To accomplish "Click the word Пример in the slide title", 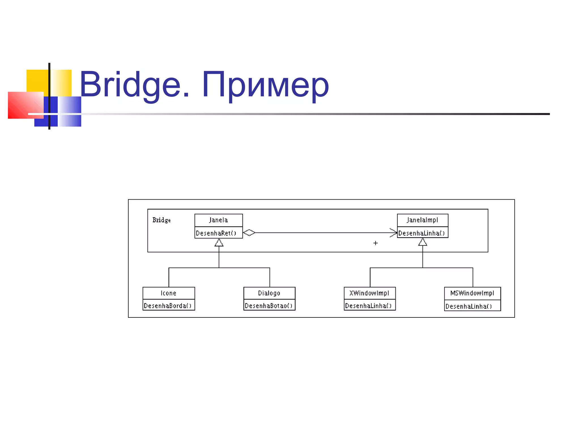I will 265,85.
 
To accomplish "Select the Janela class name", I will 218,220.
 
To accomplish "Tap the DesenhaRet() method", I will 216,233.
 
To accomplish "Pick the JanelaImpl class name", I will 422,220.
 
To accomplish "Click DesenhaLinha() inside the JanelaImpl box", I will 421,233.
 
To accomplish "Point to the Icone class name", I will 169,293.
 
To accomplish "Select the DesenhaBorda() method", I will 168,306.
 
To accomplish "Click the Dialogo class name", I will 269,293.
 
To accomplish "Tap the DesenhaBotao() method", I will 268,306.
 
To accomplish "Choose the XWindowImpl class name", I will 369,293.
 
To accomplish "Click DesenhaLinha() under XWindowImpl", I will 368,306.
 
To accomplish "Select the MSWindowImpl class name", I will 472,293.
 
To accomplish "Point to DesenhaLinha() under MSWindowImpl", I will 469,306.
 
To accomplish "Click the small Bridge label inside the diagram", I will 161,220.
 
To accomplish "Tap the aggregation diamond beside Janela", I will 249,233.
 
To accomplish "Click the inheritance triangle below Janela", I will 219,243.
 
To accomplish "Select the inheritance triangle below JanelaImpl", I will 423,242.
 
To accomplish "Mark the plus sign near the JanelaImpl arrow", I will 376,243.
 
